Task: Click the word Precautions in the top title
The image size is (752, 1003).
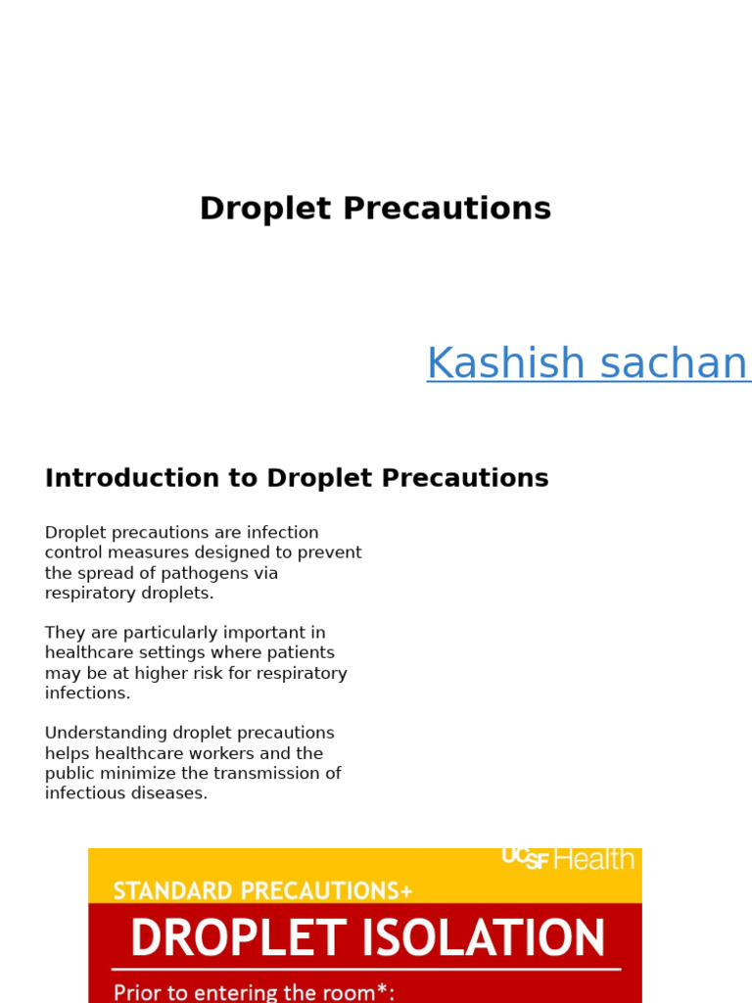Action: click(x=466, y=209)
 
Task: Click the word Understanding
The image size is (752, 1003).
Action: click(x=105, y=734)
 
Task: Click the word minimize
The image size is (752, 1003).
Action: click(x=139, y=774)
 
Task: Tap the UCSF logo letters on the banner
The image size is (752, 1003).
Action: click(x=526, y=858)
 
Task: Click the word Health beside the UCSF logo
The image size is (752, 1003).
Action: click(x=594, y=859)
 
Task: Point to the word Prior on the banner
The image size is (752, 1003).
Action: click(x=138, y=991)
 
